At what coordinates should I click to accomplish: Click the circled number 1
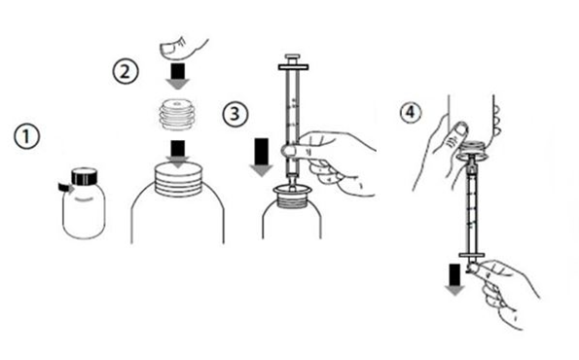pyautogui.click(x=26, y=136)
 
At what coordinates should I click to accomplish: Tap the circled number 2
pyautogui.click(x=126, y=71)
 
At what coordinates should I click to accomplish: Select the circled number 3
pyautogui.click(x=235, y=114)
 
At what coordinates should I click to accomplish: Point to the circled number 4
pyautogui.click(x=411, y=112)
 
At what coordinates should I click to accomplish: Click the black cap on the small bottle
pyautogui.click(x=85, y=176)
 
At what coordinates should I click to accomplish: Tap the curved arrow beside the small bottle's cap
pyautogui.click(x=66, y=187)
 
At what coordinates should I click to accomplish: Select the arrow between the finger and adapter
pyautogui.click(x=178, y=77)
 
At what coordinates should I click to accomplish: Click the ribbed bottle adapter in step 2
pyautogui.click(x=177, y=115)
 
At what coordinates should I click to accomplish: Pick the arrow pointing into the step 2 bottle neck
pyautogui.click(x=178, y=154)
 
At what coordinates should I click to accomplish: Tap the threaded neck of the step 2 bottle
pyautogui.click(x=178, y=179)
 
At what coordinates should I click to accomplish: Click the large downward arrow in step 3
pyautogui.click(x=262, y=158)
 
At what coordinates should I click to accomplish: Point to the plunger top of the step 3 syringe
pyautogui.click(x=293, y=62)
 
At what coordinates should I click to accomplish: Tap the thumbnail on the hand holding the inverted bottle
pyautogui.click(x=461, y=129)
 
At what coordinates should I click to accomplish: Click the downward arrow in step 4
pyautogui.click(x=454, y=279)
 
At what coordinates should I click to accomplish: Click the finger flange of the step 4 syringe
pyautogui.click(x=472, y=255)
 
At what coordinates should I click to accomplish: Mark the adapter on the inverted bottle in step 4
pyautogui.click(x=473, y=151)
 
